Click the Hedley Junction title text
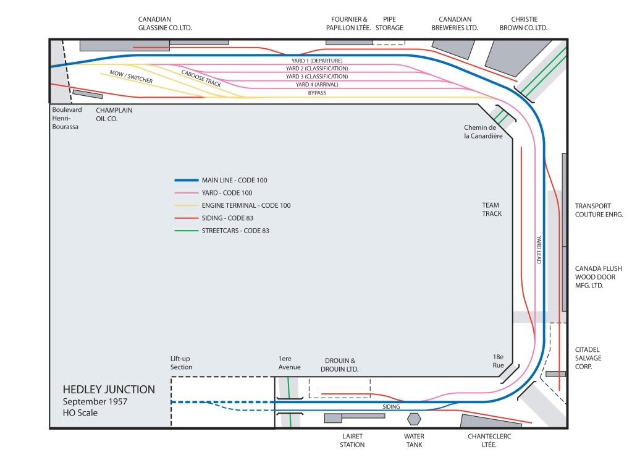point(109,390)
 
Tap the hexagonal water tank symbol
point(413,419)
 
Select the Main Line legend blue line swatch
point(185,181)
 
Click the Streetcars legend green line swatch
point(185,231)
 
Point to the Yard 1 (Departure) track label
point(317,60)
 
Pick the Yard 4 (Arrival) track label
point(317,85)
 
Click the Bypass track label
point(317,93)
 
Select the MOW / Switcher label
point(131,77)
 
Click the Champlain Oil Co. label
point(114,114)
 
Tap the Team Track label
point(492,209)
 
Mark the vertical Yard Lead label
point(538,250)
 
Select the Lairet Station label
point(352,440)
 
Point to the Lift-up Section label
point(182,363)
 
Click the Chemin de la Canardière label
point(483,131)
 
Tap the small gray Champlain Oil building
point(88,95)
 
